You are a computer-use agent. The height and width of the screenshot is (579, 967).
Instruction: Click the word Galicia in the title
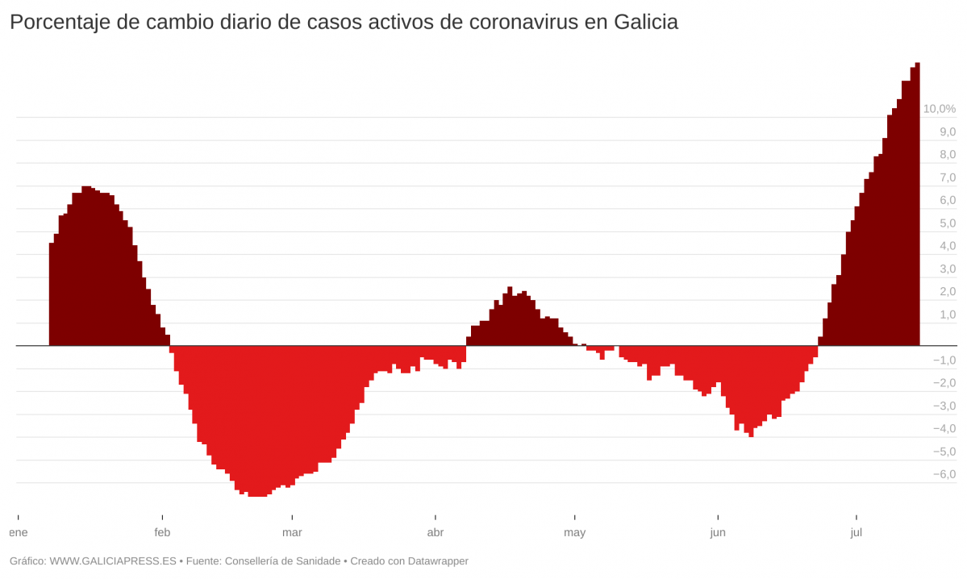click(x=645, y=23)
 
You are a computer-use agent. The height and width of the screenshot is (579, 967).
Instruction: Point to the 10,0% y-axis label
click(x=939, y=109)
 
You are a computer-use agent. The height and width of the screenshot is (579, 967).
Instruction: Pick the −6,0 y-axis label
click(x=944, y=474)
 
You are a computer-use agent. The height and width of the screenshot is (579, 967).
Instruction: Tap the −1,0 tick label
click(x=944, y=360)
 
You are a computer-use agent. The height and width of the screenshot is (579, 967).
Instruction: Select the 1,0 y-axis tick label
click(x=947, y=314)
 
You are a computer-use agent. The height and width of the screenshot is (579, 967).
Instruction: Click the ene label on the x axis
click(x=18, y=532)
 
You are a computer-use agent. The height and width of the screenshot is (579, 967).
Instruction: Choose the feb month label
click(x=162, y=532)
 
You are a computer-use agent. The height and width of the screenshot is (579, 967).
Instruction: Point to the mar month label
click(x=292, y=532)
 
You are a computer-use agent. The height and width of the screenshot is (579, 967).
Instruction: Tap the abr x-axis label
click(x=435, y=532)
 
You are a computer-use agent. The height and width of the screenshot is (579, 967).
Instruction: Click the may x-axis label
click(x=574, y=532)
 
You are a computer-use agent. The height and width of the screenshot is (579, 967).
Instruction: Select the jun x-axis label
click(x=718, y=532)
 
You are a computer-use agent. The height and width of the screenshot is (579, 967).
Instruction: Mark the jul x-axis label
click(x=857, y=532)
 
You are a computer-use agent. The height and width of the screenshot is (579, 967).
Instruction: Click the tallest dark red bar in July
click(x=917, y=202)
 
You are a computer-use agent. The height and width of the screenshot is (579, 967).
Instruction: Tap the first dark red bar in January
click(x=52, y=294)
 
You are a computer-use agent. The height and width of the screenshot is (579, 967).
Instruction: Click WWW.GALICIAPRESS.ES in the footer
click(x=113, y=561)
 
